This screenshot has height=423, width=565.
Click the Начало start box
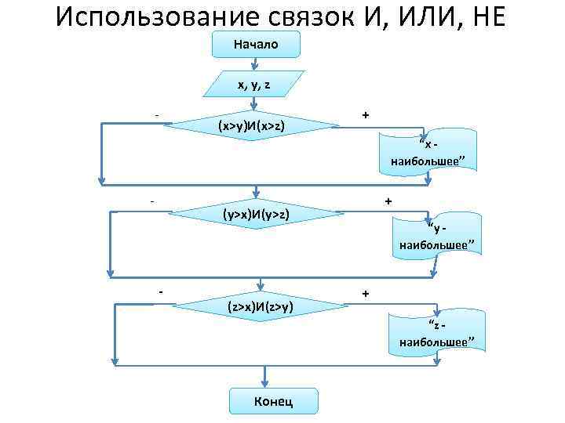[256, 44]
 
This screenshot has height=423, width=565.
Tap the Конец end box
[274, 401]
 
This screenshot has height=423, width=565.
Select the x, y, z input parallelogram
[253, 83]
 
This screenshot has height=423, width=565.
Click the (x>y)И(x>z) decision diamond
[251, 125]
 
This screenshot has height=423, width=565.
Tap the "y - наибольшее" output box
[436, 236]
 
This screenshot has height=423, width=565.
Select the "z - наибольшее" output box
[436, 332]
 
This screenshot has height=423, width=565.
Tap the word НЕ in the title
[493, 16]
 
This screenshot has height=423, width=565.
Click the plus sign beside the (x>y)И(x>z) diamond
[366, 115]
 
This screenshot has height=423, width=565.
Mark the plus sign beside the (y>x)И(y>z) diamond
[388, 201]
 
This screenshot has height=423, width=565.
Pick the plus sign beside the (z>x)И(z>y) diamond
[366, 294]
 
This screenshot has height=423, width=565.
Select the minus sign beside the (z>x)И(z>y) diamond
[160, 293]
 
